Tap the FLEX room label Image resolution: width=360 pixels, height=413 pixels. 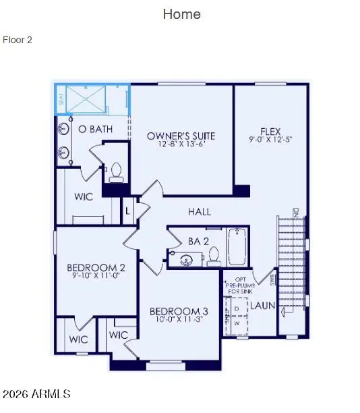pyautogui.click(x=270, y=132)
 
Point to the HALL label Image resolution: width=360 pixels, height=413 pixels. pyautogui.click(x=200, y=211)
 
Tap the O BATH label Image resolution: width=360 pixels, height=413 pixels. pyautogui.click(x=95, y=128)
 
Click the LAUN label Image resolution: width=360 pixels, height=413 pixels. pyautogui.click(x=263, y=305)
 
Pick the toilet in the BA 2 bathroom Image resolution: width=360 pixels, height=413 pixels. pyautogui.click(x=214, y=256)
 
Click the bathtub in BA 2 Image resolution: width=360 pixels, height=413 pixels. pyautogui.click(x=237, y=247)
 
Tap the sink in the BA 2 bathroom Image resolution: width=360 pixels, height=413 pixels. pyautogui.click(x=187, y=259)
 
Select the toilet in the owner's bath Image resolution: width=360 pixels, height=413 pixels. pyautogui.click(x=115, y=172)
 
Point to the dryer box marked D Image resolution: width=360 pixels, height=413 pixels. pyautogui.click(x=236, y=308)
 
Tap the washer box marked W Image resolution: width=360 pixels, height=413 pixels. pyautogui.click(x=236, y=322)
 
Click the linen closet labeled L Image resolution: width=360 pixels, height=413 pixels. pyautogui.click(x=127, y=211)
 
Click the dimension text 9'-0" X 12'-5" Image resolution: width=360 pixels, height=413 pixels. pyautogui.click(x=270, y=140)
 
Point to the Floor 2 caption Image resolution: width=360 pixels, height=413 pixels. pyautogui.click(x=18, y=40)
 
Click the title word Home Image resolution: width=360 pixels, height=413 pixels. pyautogui.click(x=181, y=13)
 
